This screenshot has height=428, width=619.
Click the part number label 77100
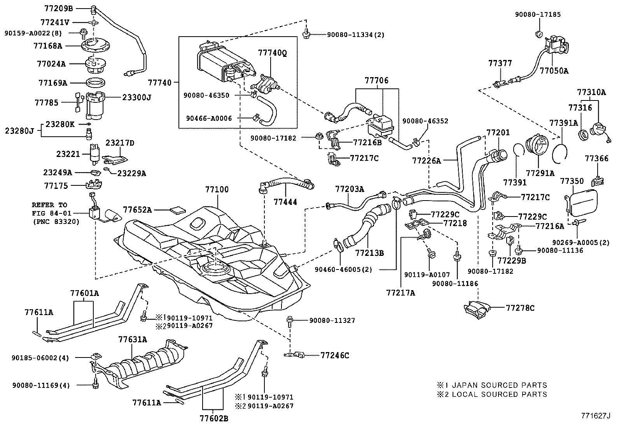(217, 190)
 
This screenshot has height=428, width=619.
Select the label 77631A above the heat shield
(133, 340)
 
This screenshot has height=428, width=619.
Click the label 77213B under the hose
(369, 253)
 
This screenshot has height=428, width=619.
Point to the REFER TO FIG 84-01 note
(49, 213)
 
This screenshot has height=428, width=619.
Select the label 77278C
(520, 308)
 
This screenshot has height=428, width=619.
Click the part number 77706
(376, 81)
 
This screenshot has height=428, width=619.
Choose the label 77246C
(335, 355)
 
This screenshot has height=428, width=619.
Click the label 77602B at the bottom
(214, 419)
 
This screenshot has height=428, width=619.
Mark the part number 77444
(285, 202)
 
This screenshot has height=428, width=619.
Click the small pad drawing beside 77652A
(178, 210)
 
